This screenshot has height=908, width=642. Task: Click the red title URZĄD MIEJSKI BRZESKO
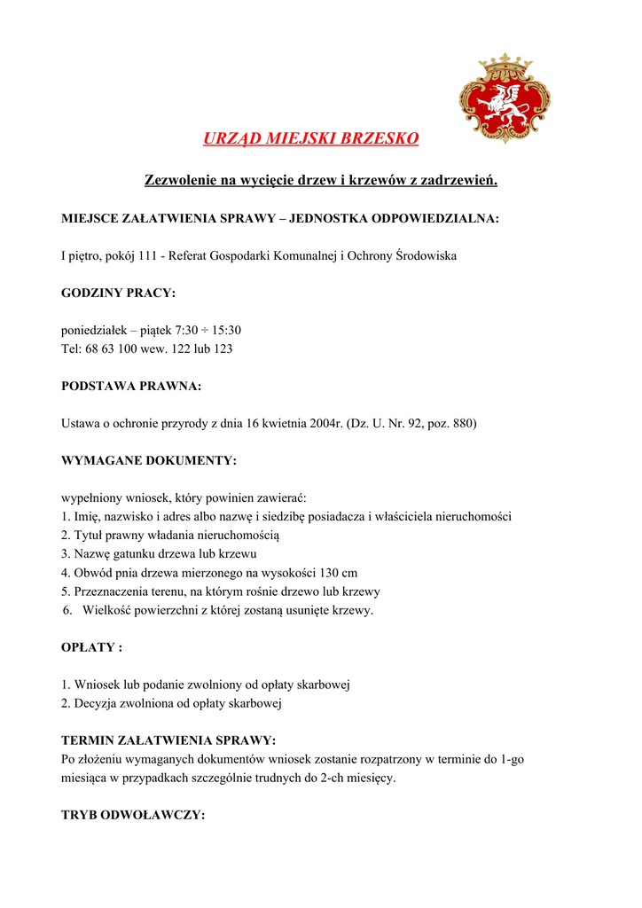tap(310, 139)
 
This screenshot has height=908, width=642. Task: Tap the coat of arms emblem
tap(504, 99)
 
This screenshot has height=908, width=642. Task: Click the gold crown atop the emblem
tap(505, 65)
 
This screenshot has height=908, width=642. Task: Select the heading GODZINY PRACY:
tap(118, 293)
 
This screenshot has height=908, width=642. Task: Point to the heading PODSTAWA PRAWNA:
tap(131, 386)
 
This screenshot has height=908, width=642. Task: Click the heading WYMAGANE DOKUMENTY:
tap(149, 461)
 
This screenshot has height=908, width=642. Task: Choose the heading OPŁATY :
tap(91, 647)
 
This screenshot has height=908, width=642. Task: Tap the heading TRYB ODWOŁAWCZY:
tap(133, 815)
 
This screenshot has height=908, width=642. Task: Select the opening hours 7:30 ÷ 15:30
tap(207, 331)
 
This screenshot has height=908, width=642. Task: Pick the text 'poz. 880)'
tap(450, 424)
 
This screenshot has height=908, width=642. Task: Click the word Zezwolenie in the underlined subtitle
tap(181, 181)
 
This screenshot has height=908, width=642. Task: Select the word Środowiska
tap(427, 256)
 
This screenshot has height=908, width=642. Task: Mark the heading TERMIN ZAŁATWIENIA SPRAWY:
tap(168, 740)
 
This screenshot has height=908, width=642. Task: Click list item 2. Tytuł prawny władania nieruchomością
tap(170, 536)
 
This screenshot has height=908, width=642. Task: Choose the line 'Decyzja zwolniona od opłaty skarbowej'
tap(177, 704)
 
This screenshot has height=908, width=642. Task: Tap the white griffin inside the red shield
tap(504, 104)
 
